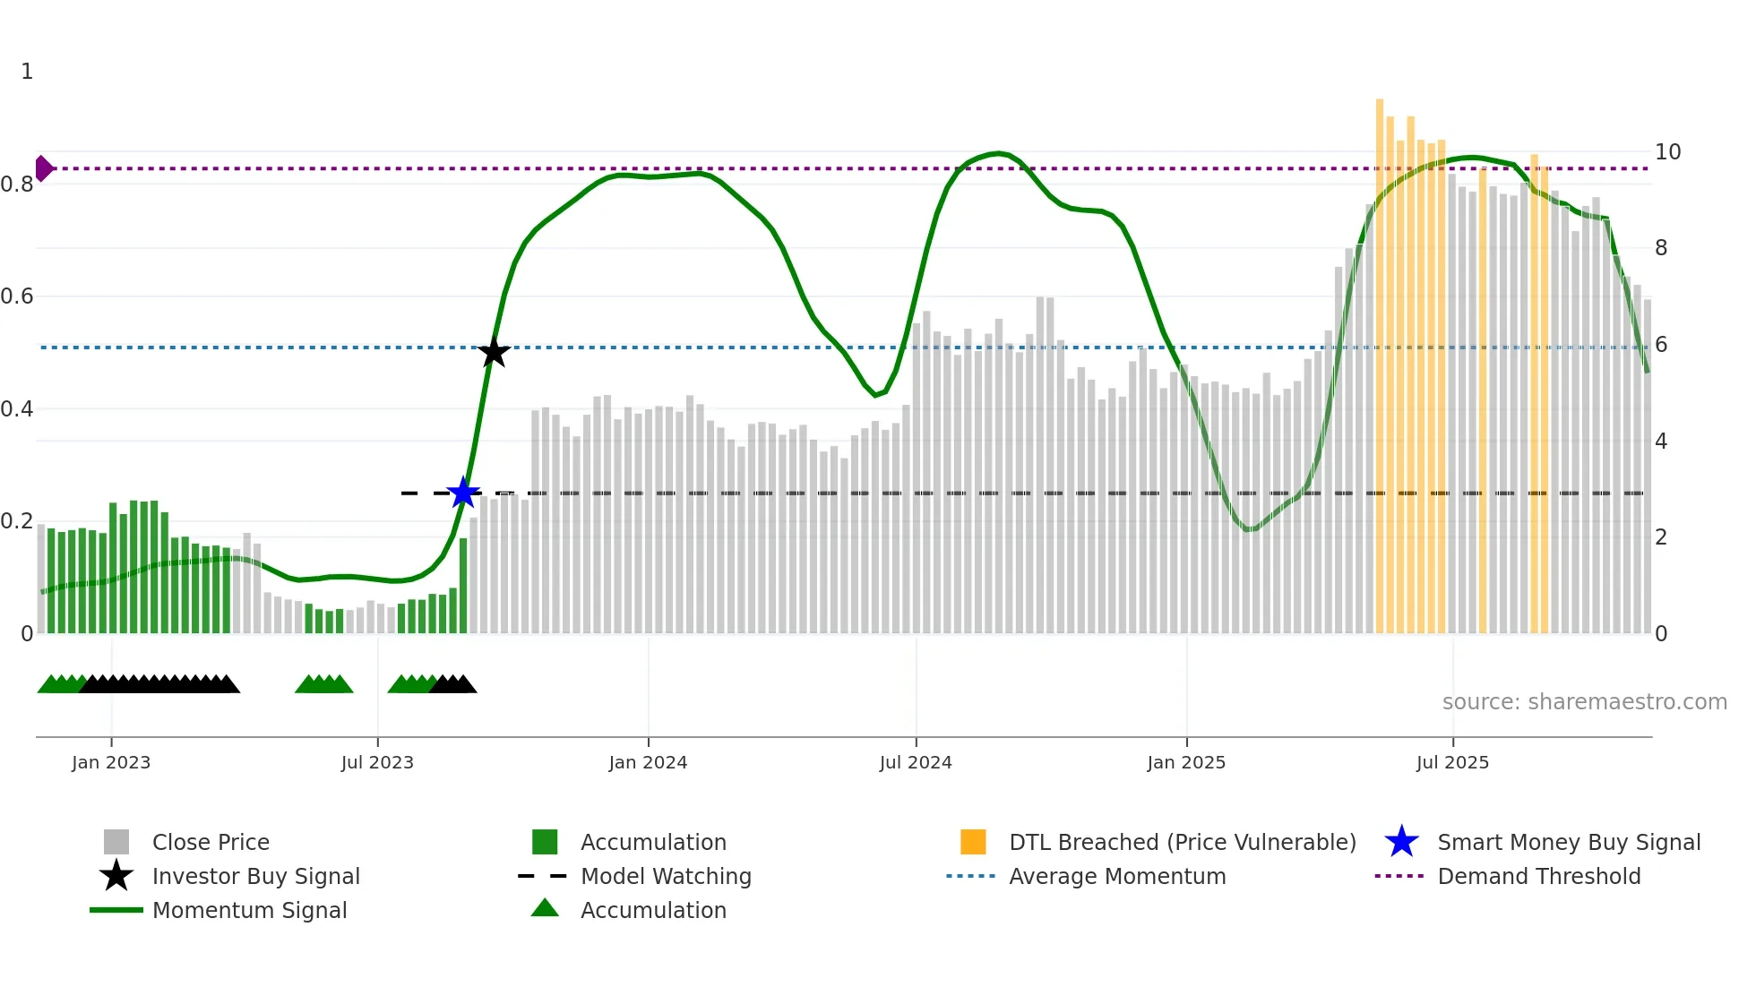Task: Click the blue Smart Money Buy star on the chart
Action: click(x=463, y=493)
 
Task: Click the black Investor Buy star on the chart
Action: click(x=494, y=352)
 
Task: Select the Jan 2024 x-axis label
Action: click(x=648, y=762)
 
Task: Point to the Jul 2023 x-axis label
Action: click(x=377, y=762)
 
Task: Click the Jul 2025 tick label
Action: click(x=1452, y=762)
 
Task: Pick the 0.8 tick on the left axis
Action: click(x=17, y=185)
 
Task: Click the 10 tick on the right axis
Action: click(x=1667, y=152)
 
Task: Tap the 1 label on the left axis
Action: click(x=27, y=72)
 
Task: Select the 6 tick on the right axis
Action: click(x=1661, y=345)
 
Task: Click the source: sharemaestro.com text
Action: click(x=1584, y=702)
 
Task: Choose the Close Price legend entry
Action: click(x=211, y=842)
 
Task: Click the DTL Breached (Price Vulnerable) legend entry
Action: click(x=1182, y=842)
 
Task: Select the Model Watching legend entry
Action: click(x=666, y=876)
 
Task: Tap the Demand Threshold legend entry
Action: click(x=1538, y=876)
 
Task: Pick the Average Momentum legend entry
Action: click(x=1117, y=876)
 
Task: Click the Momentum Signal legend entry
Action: click(x=249, y=910)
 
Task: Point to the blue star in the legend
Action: click(x=1401, y=842)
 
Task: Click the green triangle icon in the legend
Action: click(x=545, y=908)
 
